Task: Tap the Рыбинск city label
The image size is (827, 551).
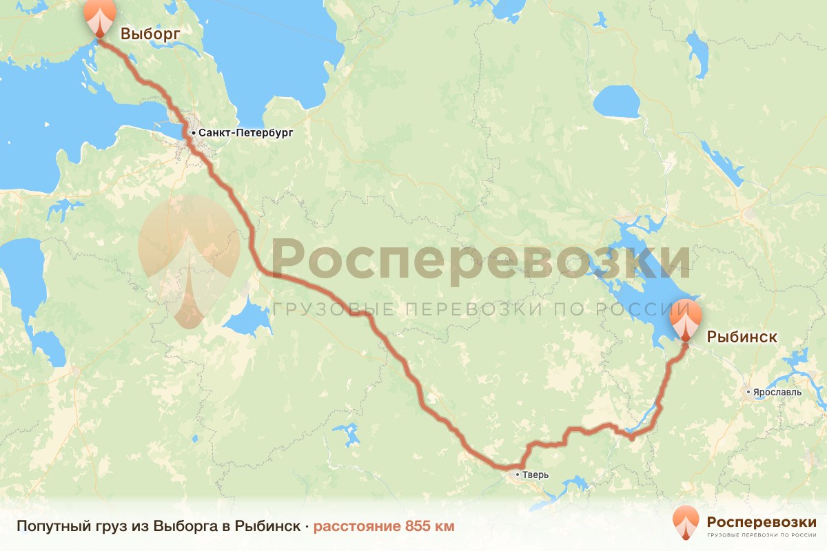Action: (x=742, y=337)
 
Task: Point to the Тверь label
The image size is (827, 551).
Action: (x=535, y=475)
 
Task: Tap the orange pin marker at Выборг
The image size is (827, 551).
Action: (x=101, y=18)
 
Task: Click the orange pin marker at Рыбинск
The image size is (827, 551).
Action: (x=686, y=318)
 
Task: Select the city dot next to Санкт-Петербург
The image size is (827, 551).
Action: (x=194, y=132)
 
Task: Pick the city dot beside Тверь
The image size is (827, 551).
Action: (x=518, y=475)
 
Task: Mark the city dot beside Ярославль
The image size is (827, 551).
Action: (x=749, y=392)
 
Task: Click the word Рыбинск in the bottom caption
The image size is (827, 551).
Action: (x=267, y=527)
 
